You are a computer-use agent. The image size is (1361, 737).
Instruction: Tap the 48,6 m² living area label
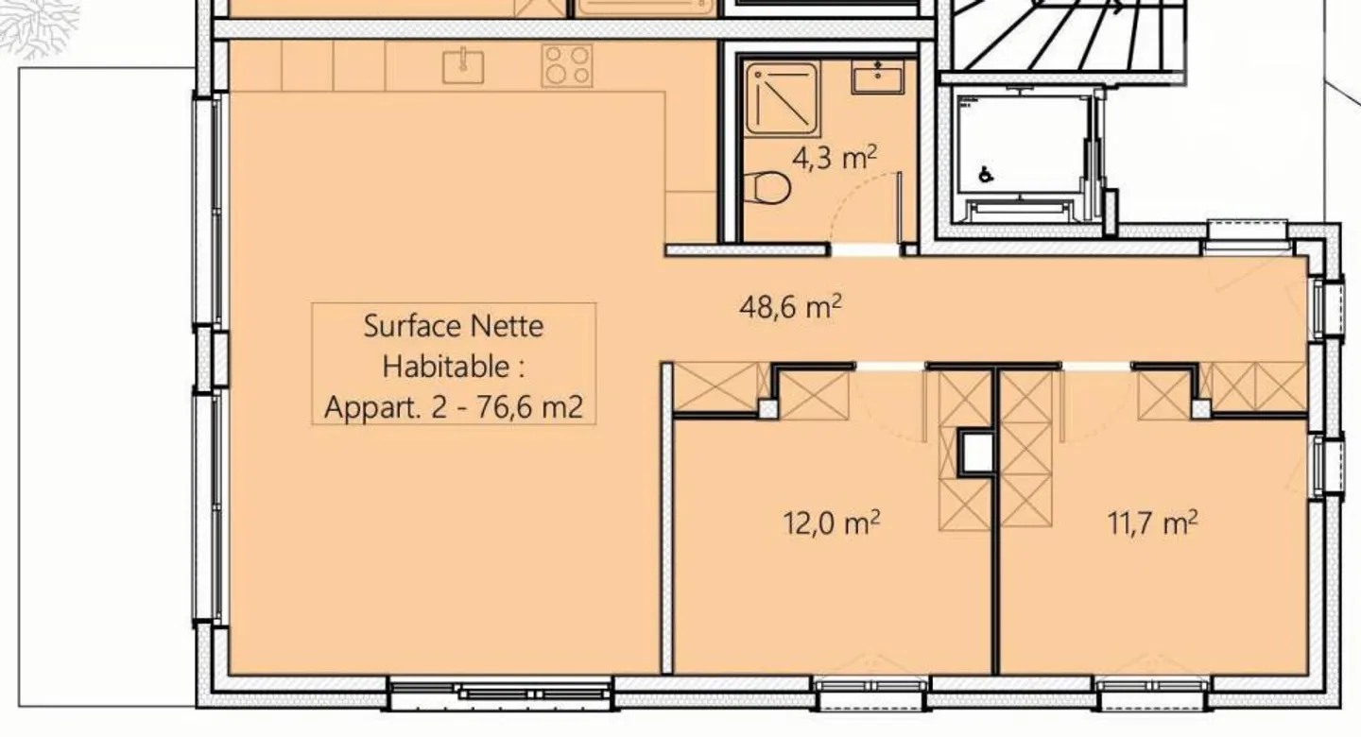[x=790, y=308]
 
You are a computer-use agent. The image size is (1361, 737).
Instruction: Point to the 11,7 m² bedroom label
[x=1152, y=523]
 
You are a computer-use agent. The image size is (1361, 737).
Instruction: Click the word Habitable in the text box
[x=454, y=366]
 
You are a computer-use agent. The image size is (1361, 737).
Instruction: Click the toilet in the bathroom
[x=767, y=188]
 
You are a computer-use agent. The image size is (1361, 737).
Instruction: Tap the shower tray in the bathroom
[x=781, y=98]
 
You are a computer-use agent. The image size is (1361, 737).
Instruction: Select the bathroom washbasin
[x=878, y=77]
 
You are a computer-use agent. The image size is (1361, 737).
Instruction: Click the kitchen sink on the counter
[x=463, y=65]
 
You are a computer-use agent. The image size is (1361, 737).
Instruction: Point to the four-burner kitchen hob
[x=566, y=65]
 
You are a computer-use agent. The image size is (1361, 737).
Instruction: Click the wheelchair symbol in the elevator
[x=986, y=174]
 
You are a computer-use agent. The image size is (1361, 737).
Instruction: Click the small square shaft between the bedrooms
[x=976, y=454]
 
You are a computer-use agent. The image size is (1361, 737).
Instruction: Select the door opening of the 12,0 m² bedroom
[x=890, y=367]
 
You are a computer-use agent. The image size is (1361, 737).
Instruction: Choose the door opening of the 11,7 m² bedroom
[x=1096, y=367]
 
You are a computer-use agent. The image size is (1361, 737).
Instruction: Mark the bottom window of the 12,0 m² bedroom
[x=870, y=687]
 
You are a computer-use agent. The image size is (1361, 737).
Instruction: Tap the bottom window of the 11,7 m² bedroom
[x=1151, y=687]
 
